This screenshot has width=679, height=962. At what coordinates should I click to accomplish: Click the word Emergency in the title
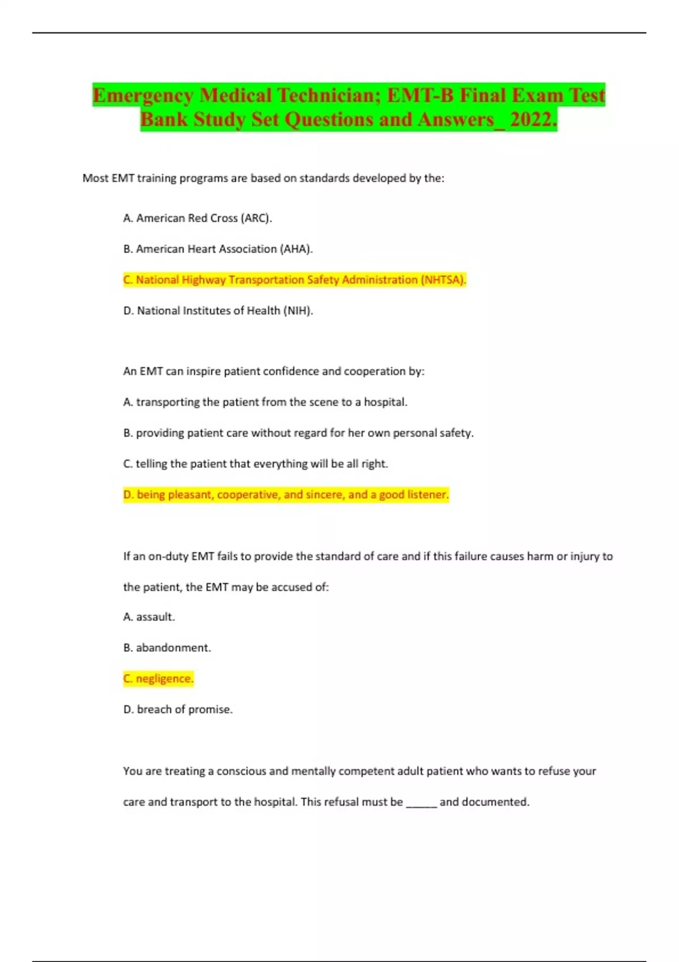click(143, 95)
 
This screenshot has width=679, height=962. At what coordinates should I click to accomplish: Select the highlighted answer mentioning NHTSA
click(294, 280)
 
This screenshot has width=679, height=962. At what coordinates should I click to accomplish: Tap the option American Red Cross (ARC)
click(197, 218)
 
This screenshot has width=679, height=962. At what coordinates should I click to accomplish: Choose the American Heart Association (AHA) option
click(218, 249)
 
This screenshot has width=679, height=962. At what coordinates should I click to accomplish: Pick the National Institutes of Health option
click(218, 311)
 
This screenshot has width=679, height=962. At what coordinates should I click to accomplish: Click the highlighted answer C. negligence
click(158, 678)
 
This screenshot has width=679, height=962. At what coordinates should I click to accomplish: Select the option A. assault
click(149, 617)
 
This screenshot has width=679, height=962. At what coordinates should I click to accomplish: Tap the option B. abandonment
click(167, 647)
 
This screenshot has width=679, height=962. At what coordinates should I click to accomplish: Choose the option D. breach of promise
click(178, 709)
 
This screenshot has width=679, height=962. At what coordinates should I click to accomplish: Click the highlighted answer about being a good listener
click(286, 495)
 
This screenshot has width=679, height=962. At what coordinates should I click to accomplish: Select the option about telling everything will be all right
click(255, 464)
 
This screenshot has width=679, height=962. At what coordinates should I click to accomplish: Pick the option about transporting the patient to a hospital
click(265, 402)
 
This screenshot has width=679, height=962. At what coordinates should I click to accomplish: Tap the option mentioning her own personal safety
click(298, 433)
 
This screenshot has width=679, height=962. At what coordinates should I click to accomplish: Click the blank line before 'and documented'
click(422, 802)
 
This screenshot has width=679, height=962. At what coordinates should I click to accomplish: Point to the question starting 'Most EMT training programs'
click(263, 178)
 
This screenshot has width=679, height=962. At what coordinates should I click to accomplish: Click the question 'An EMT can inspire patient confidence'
click(273, 371)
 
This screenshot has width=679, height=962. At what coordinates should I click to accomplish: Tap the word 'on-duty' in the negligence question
click(168, 556)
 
